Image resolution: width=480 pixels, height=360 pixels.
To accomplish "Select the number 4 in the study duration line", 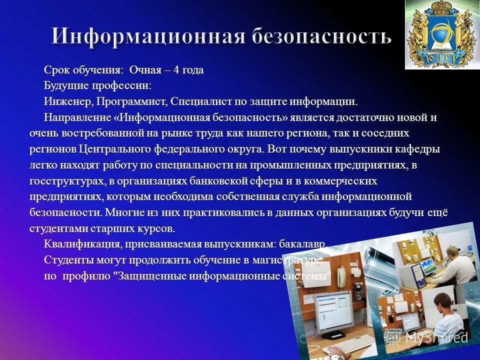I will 176,70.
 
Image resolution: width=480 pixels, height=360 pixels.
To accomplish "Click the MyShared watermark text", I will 436,337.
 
